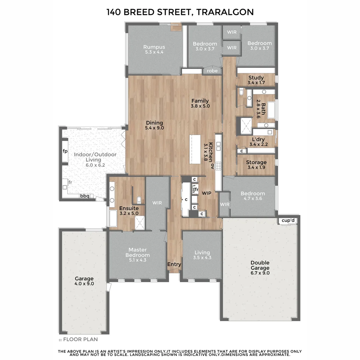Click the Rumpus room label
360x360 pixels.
point(154,47)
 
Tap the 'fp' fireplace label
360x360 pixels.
point(65,151)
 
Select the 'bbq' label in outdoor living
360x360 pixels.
point(84,196)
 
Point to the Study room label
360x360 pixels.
point(256,78)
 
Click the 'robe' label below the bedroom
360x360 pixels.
point(212,71)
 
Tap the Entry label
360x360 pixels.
point(174,264)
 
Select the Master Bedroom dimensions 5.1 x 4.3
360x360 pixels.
point(138,260)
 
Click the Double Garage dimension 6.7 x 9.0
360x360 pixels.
point(260,273)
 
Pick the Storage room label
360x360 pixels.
point(256,162)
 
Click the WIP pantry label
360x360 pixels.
point(207,193)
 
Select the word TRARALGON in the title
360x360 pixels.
point(225,12)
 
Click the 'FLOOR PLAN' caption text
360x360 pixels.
point(80,340)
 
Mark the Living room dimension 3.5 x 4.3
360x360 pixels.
point(202,258)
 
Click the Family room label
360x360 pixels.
point(200,101)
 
